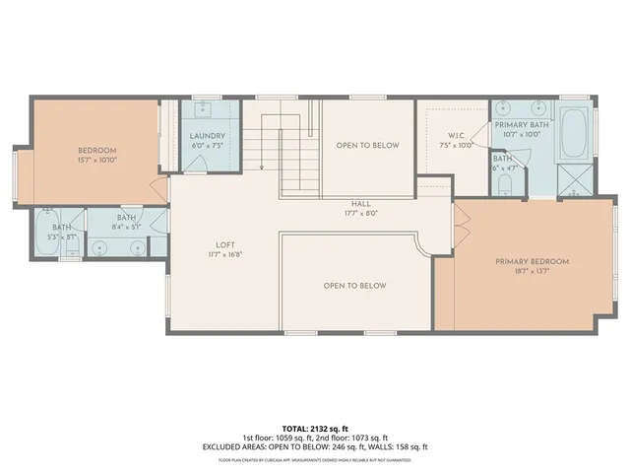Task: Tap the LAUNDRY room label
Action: pyautogui.click(x=207, y=136)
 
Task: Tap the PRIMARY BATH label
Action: pyautogui.click(x=522, y=125)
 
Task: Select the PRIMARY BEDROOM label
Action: pyautogui.click(x=532, y=261)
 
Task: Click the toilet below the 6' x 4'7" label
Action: pyautogui.click(x=504, y=184)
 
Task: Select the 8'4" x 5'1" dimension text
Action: pyautogui.click(x=126, y=228)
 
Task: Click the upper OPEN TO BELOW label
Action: pyautogui.click(x=367, y=145)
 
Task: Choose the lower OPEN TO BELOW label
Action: pyautogui.click(x=354, y=286)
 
